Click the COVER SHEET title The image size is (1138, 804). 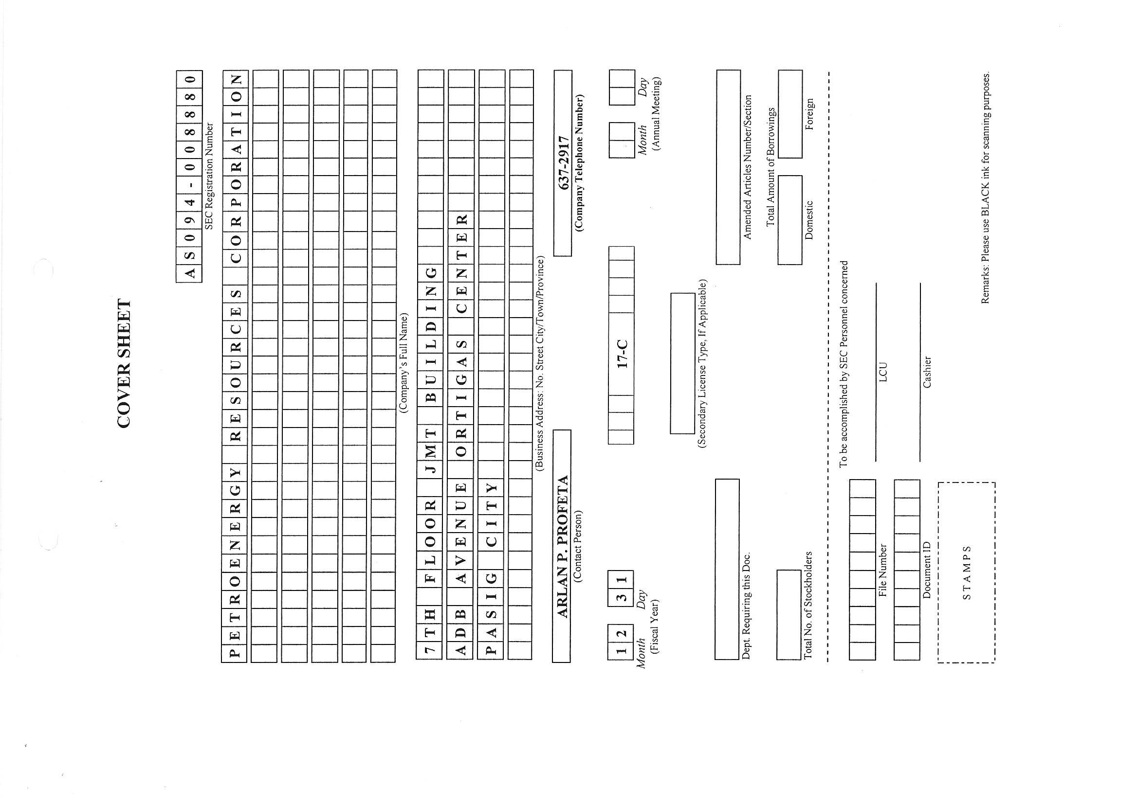[x=125, y=363]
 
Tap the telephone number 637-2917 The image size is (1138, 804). [x=563, y=162]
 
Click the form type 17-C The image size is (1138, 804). [x=622, y=354]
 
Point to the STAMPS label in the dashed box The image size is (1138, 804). [x=967, y=572]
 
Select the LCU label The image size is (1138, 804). [x=883, y=372]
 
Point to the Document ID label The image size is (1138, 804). [x=927, y=570]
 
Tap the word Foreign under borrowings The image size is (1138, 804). [x=809, y=114]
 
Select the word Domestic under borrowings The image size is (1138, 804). [x=809, y=219]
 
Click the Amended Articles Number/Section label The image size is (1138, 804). [x=748, y=167]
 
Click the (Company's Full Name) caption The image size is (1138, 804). [x=404, y=363]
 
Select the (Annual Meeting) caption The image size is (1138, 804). [x=657, y=113]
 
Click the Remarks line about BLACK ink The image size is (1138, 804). [x=986, y=188]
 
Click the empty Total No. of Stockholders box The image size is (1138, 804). [x=789, y=615]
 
